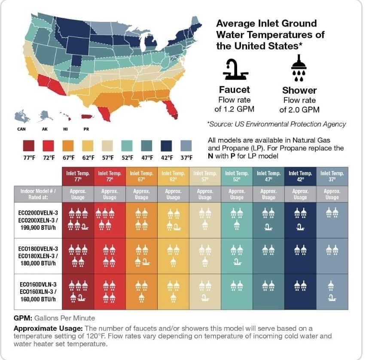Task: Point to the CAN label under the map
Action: pyautogui.click(x=21, y=128)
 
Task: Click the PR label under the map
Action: pyautogui.click(x=86, y=128)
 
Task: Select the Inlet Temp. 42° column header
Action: pyautogui.click(x=300, y=177)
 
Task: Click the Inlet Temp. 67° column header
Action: pyautogui.click(x=141, y=177)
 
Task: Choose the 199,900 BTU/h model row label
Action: pyautogui.click(x=38, y=220)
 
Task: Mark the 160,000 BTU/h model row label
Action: pyautogui.click(x=38, y=292)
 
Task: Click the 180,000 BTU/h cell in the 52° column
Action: pyautogui.click(x=237, y=256)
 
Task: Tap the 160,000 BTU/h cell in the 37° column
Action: pyautogui.click(x=332, y=292)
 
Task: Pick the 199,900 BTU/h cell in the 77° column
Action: pyautogui.click(x=78, y=220)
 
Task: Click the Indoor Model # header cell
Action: pyautogui.click(x=38, y=194)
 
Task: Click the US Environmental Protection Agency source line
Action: pyautogui.click(x=277, y=124)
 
